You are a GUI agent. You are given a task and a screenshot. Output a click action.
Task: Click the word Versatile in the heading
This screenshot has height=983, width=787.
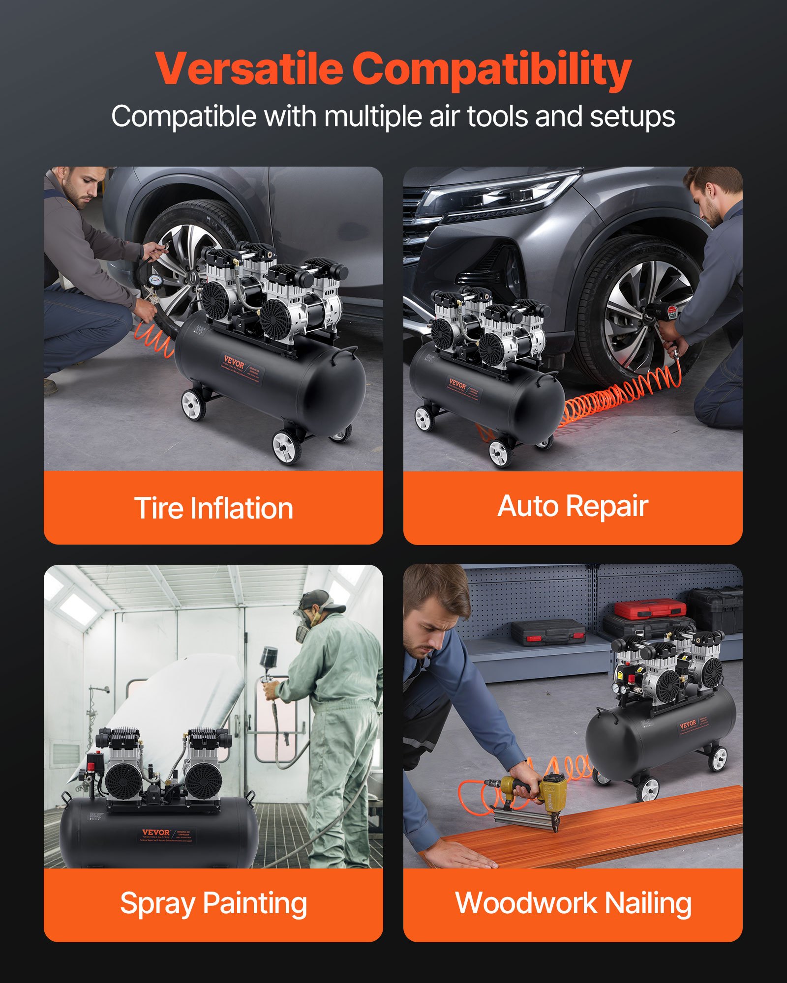249,69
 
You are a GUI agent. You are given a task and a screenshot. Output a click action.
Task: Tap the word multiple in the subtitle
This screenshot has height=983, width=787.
373,117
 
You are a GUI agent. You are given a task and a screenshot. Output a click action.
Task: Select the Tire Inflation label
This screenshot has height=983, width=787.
213,508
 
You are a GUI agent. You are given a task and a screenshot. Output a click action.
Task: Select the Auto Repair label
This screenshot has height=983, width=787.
573,506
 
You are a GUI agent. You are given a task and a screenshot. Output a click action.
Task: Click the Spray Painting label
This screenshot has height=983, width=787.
213,903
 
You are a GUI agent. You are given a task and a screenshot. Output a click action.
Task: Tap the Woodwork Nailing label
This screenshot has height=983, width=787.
573,903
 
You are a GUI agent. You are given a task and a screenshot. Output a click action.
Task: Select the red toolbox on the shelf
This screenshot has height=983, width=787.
650,608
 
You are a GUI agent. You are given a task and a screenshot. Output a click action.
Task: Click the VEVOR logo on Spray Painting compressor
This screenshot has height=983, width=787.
155,833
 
